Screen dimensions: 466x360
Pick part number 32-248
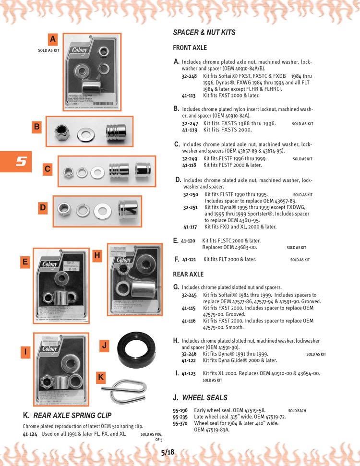tap(189, 76)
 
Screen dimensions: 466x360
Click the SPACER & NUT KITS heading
tap(204, 33)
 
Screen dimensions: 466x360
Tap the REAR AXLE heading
tap(188, 275)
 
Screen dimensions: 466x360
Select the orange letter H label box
tap(97, 256)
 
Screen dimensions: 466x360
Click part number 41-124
tap(30, 434)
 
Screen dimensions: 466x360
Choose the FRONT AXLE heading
tap(190, 48)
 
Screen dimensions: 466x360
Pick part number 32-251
tap(191, 207)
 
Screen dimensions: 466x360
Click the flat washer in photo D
tap(102, 210)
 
